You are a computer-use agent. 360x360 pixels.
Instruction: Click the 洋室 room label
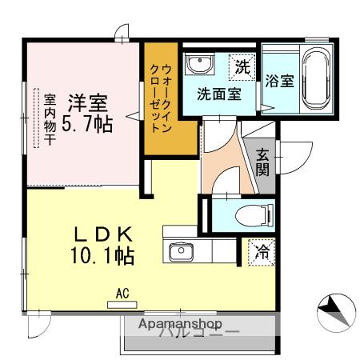pos(88,102)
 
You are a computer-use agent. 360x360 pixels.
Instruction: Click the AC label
pos(122,294)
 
